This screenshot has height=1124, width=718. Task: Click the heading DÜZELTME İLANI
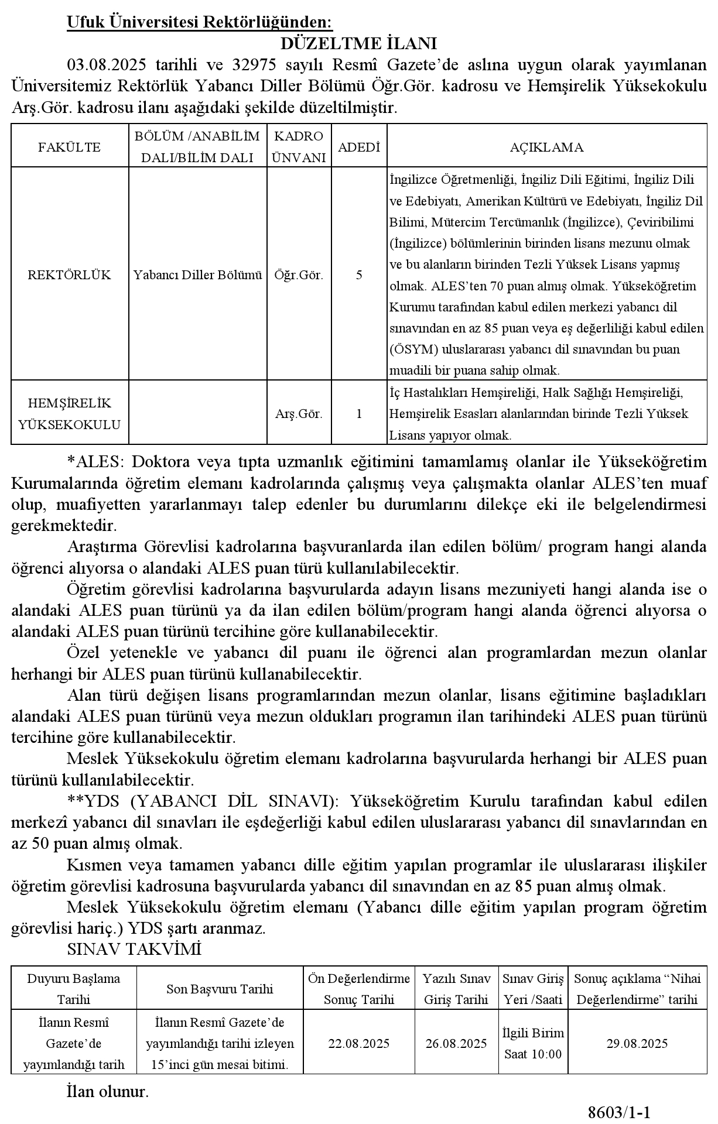pyautogui.click(x=359, y=44)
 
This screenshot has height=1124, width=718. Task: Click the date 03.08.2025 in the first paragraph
pyautogui.click(x=106, y=65)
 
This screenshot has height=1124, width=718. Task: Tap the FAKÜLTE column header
pyautogui.click(x=70, y=147)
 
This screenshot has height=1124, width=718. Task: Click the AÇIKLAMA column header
pyautogui.click(x=546, y=147)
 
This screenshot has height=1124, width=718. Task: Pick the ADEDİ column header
pyautogui.click(x=359, y=147)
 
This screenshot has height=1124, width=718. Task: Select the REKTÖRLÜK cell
pyautogui.click(x=70, y=275)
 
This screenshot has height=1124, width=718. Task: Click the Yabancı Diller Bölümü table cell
pyautogui.click(x=197, y=275)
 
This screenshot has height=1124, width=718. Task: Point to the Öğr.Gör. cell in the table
pyautogui.click(x=299, y=275)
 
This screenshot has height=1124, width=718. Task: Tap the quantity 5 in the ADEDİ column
pyautogui.click(x=359, y=275)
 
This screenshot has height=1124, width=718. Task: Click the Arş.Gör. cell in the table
pyautogui.click(x=299, y=414)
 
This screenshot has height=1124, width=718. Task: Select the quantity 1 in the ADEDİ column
pyautogui.click(x=359, y=414)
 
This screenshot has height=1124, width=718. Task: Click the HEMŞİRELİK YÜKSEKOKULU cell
pyautogui.click(x=70, y=414)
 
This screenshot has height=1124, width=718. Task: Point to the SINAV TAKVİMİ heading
pyautogui.click(x=134, y=949)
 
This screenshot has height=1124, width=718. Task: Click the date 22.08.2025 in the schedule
pyautogui.click(x=359, y=1043)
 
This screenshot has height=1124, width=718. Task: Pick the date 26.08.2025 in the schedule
pyautogui.click(x=456, y=1043)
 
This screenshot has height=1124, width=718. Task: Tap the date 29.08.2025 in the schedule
pyautogui.click(x=637, y=1043)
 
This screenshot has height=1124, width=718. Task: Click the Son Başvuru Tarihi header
pyautogui.click(x=220, y=989)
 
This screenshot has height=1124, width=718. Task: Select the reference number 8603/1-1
pyautogui.click(x=620, y=1111)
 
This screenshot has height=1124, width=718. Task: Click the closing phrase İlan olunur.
pyautogui.click(x=108, y=1091)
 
